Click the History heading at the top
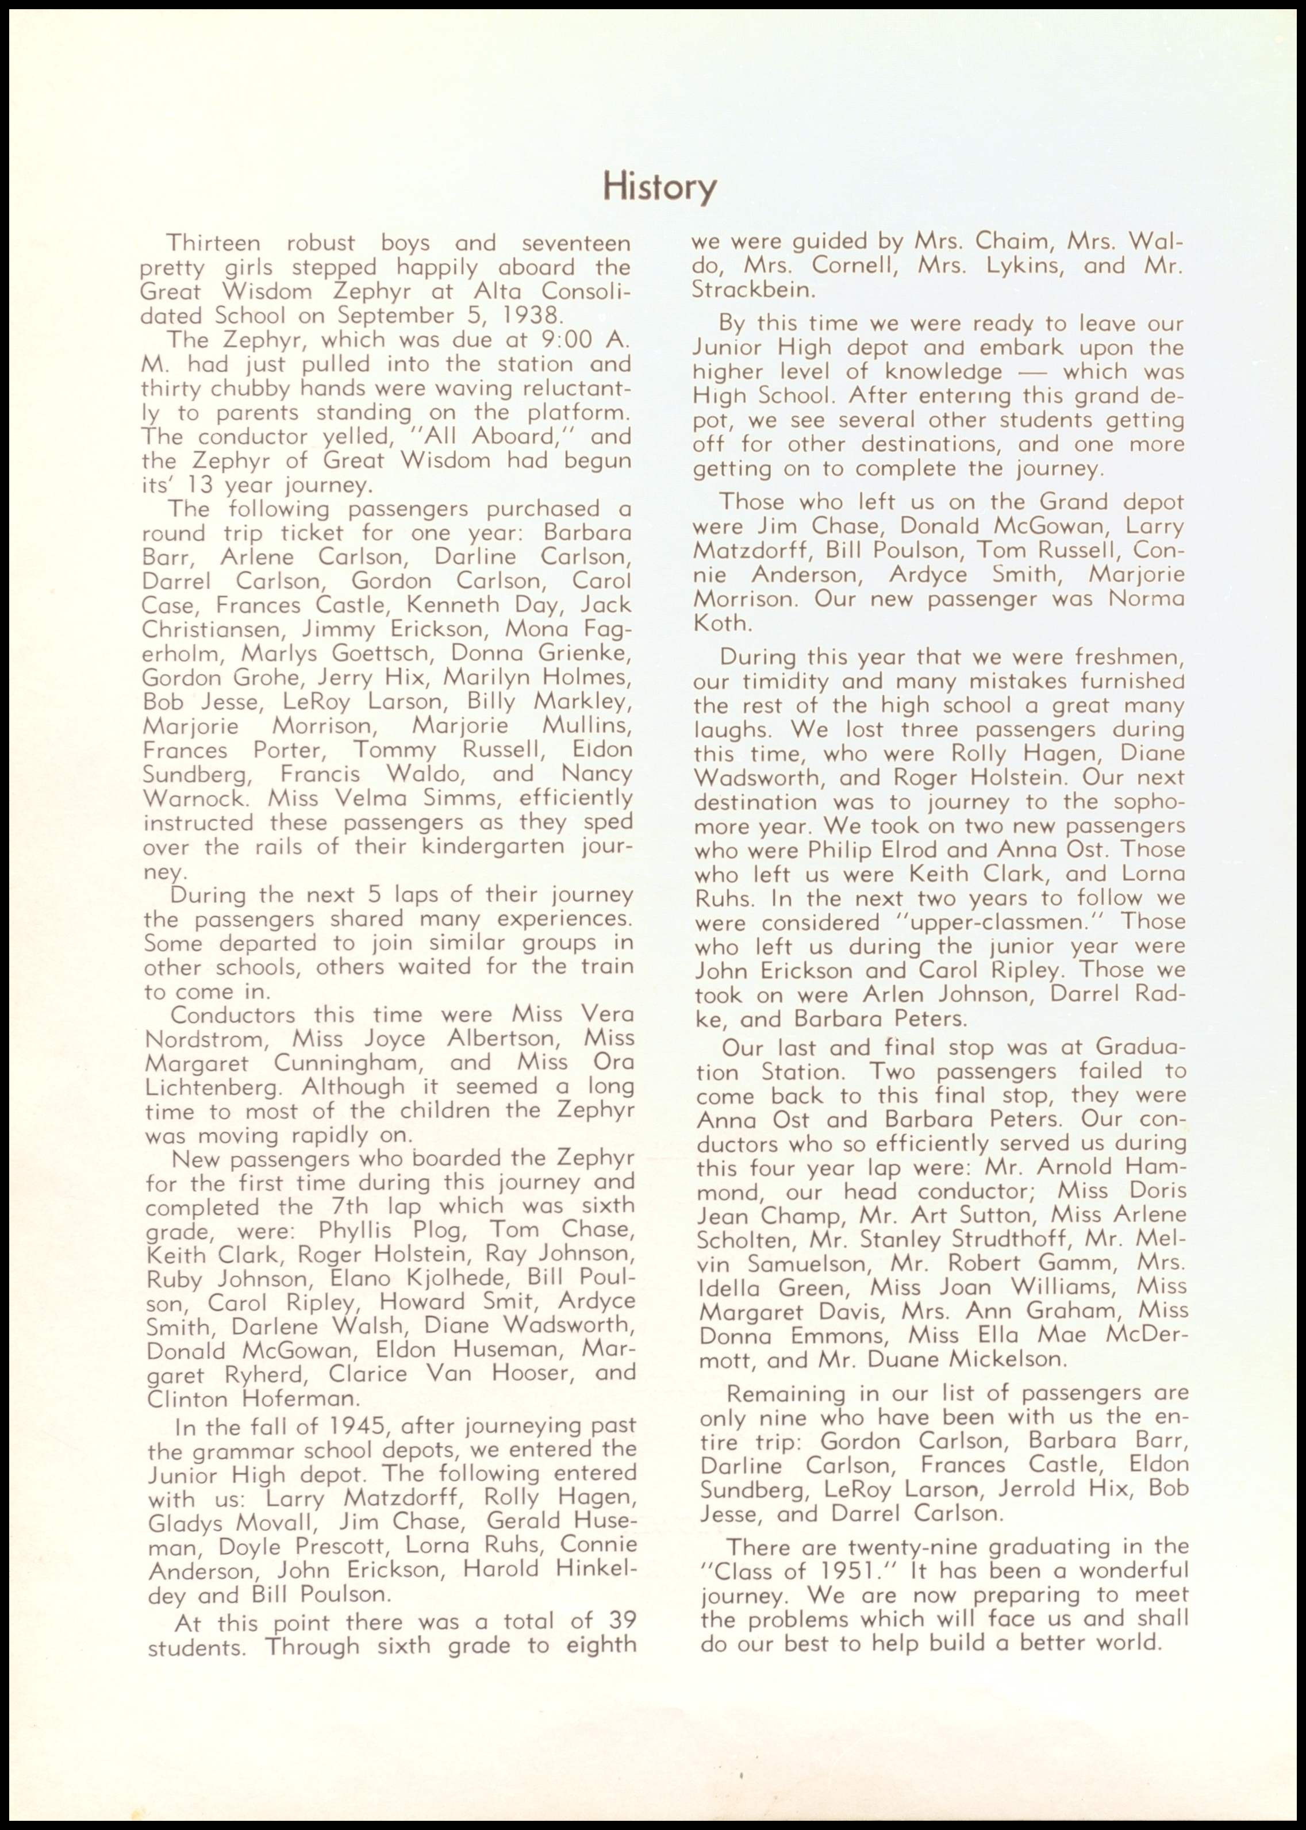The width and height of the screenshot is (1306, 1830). point(659,187)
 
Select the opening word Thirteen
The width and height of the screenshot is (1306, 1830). point(213,243)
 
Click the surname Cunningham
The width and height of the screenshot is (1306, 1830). point(348,1063)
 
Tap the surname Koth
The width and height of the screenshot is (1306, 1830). point(722,623)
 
